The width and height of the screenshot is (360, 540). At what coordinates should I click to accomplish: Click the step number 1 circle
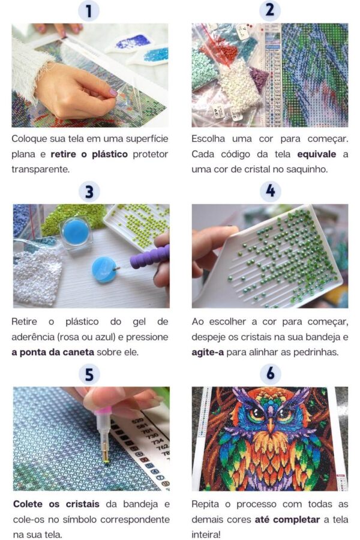(89, 11)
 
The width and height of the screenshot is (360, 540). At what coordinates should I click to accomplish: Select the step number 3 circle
(89, 191)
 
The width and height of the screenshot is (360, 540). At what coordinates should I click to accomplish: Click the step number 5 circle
(89, 374)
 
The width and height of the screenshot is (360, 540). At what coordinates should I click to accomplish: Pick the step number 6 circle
(271, 374)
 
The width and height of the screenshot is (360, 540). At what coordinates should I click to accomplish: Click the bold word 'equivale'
(316, 154)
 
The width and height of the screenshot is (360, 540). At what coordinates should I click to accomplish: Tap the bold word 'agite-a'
(208, 352)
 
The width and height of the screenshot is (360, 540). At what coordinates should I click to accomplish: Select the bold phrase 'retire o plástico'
(89, 154)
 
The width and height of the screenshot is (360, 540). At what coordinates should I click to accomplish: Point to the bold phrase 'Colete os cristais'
(56, 504)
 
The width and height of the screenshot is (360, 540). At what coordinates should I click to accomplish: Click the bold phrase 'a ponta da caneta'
(53, 352)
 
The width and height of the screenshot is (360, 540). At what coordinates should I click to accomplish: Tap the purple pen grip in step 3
(150, 257)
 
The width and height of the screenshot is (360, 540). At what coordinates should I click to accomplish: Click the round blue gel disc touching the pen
(104, 269)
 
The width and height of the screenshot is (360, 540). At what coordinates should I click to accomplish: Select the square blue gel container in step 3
(76, 233)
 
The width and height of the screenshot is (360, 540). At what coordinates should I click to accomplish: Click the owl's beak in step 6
(271, 425)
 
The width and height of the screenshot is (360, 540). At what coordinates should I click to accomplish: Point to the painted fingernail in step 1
(113, 92)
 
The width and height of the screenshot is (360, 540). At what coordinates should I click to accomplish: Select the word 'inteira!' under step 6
(206, 535)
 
